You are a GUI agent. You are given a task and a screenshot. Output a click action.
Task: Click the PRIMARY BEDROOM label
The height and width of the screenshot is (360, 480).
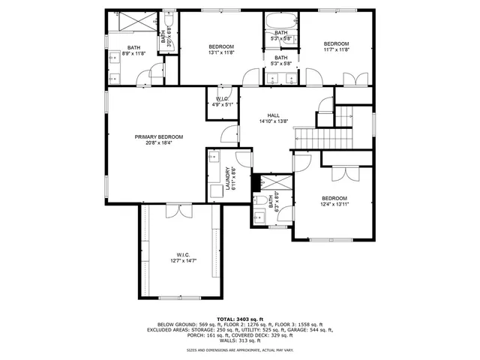159,136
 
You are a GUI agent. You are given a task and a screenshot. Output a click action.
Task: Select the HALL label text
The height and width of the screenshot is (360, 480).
273,115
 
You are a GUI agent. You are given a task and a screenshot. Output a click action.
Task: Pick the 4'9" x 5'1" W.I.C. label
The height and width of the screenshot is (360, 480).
222,105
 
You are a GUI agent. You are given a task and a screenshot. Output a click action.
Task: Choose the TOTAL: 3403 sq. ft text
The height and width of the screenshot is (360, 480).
240,319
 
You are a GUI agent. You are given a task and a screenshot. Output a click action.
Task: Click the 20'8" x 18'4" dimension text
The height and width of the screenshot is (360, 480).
159,142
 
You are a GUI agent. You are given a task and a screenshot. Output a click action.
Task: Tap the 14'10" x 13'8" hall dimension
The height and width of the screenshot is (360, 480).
273,121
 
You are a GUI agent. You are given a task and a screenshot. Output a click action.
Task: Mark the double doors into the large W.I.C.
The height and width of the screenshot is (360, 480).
173,211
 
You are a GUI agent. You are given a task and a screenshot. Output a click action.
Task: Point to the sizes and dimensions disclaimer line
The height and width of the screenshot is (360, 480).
240,350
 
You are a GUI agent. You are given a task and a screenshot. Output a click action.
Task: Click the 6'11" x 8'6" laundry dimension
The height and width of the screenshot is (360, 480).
234,181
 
